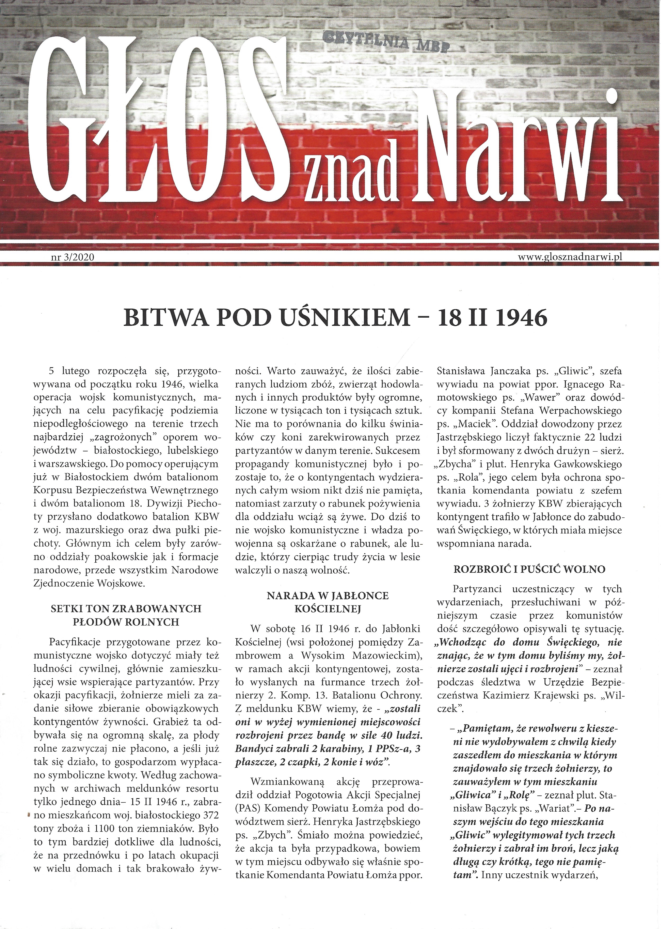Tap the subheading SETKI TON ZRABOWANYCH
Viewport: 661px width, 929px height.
tap(126, 608)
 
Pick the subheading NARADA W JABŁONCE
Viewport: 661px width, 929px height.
tap(328, 595)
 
